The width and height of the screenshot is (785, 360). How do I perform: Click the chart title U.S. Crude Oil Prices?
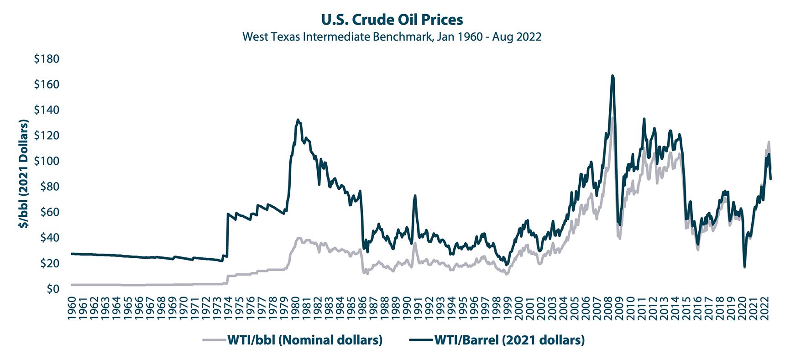tap(392, 20)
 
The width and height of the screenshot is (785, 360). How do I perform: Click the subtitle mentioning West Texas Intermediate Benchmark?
tap(392, 37)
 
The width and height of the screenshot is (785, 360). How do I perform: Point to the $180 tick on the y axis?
tap(47, 59)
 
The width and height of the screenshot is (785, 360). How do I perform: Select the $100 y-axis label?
tap(47, 161)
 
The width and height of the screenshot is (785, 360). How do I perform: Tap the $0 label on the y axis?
tap(52, 289)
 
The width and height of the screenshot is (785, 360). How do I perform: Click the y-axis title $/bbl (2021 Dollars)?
tap(23, 174)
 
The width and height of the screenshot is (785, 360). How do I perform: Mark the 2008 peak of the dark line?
tap(612, 76)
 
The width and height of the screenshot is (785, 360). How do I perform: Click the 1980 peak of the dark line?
tap(298, 120)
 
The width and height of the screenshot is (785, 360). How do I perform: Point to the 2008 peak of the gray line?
tap(612, 118)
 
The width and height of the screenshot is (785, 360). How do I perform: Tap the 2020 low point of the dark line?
tap(744, 266)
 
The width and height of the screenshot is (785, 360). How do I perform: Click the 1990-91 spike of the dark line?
tap(415, 196)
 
